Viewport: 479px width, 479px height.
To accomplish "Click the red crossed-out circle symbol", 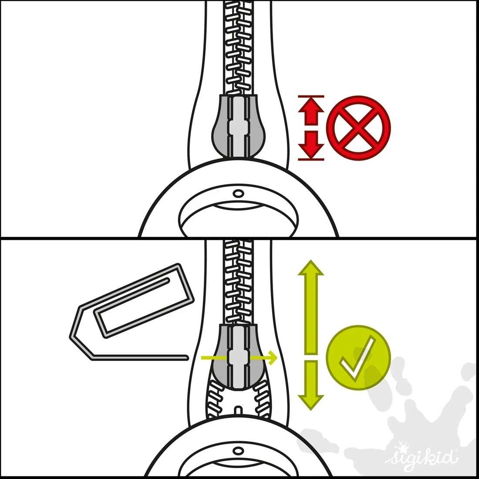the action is coord(358,128).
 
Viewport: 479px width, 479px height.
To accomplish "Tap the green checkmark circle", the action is coord(358,358).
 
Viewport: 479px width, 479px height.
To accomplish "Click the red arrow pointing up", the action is coord(311,112).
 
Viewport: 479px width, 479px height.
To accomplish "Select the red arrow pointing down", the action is coord(311,144).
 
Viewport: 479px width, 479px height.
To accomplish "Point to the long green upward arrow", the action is coord(310,307).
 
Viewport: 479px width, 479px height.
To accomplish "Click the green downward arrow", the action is coord(310,385).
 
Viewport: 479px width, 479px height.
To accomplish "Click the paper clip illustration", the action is coord(132,312).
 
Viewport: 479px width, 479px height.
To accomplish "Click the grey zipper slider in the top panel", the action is coord(238,126).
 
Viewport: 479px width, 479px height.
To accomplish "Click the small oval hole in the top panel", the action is coord(238,193).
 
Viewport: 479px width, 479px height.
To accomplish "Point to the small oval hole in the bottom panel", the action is coord(238,451).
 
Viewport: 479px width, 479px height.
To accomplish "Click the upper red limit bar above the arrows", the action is coord(311,96).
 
